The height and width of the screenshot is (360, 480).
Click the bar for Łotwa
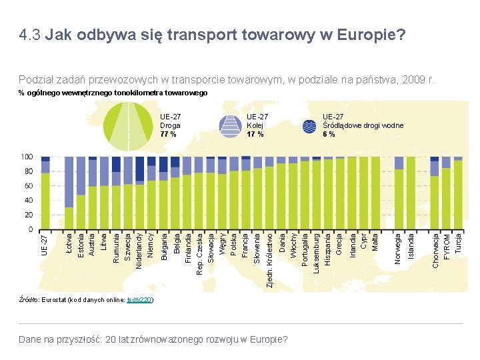(x=69, y=193)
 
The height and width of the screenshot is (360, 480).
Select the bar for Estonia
(x=81, y=193)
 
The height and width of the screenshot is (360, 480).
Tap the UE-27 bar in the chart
(x=45, y=193)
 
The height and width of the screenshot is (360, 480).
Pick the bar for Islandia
(x=411, y=193)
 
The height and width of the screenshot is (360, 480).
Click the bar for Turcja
(x=458, y=193)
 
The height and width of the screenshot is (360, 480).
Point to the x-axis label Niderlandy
(x=139, y=249)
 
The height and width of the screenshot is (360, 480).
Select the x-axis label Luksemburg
(x=316, y=252)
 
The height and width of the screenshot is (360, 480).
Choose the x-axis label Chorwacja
(x=435, y=250)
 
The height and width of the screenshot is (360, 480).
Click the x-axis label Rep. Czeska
(x=199, y=253)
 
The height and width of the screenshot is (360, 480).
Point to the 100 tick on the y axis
(x=27, y=157)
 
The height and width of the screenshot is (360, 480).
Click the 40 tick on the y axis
(x=29, y=200)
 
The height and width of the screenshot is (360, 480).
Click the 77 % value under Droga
(x=168, y=134)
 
